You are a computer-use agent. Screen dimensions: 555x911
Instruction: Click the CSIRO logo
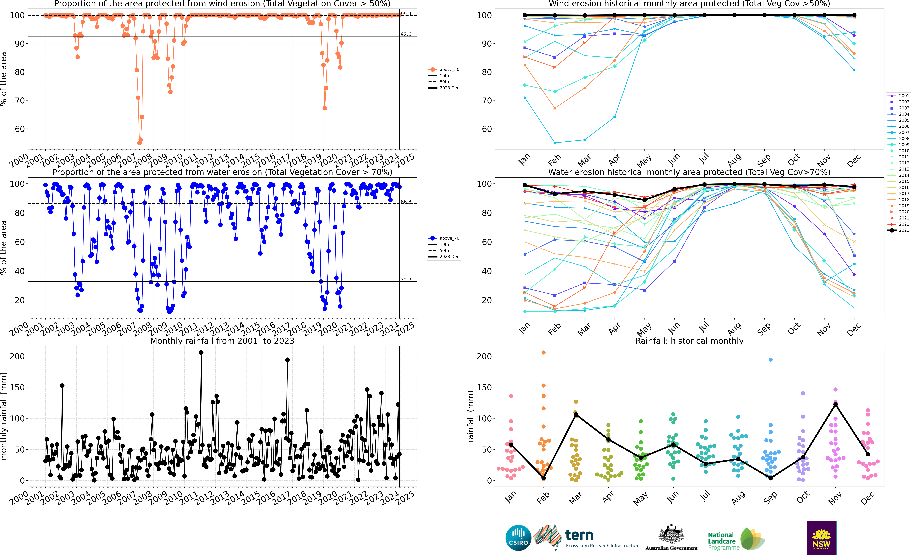pos(518,538)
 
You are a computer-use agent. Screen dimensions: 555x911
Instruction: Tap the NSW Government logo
pos(821,538)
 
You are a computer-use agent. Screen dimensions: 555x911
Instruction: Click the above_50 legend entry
pos(449,70)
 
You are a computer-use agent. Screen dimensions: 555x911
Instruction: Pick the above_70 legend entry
pos(449,238)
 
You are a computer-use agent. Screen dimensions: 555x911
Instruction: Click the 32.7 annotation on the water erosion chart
pos(406,280)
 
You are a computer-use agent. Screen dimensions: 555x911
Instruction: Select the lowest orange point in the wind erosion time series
pos(139,143)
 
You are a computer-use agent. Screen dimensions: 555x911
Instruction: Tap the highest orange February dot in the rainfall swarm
pos(544,353)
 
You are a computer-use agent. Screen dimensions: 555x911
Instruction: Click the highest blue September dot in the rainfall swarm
pos(770,360)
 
